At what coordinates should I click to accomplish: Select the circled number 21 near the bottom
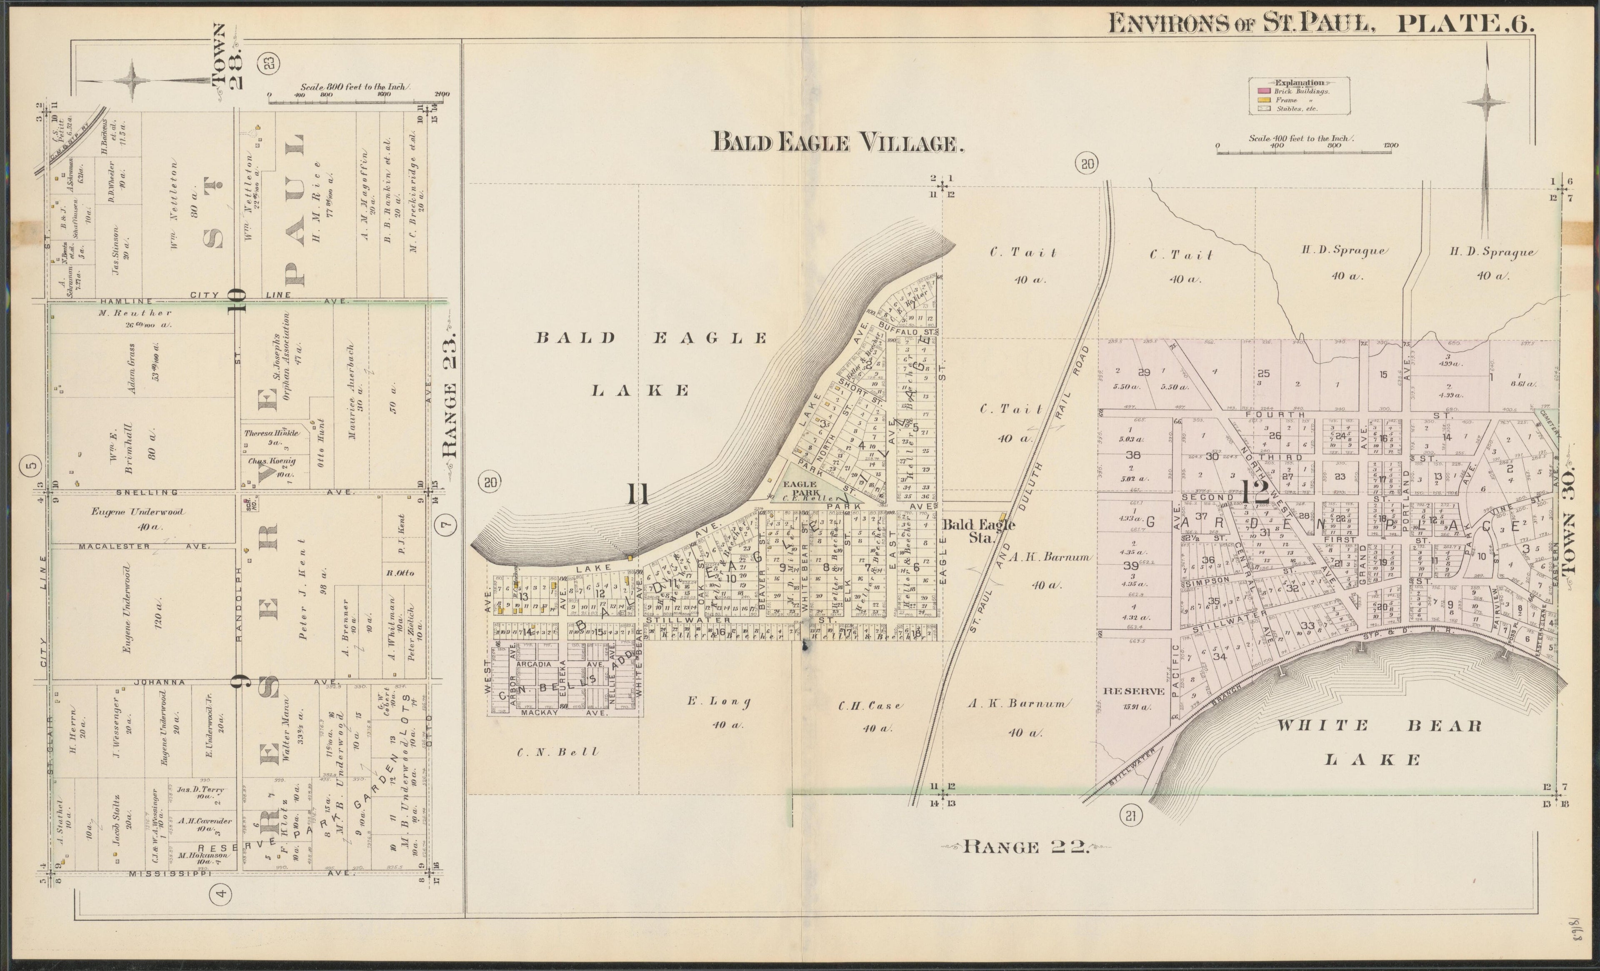click(1130, 816)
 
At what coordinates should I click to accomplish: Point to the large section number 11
click(639, 494)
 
